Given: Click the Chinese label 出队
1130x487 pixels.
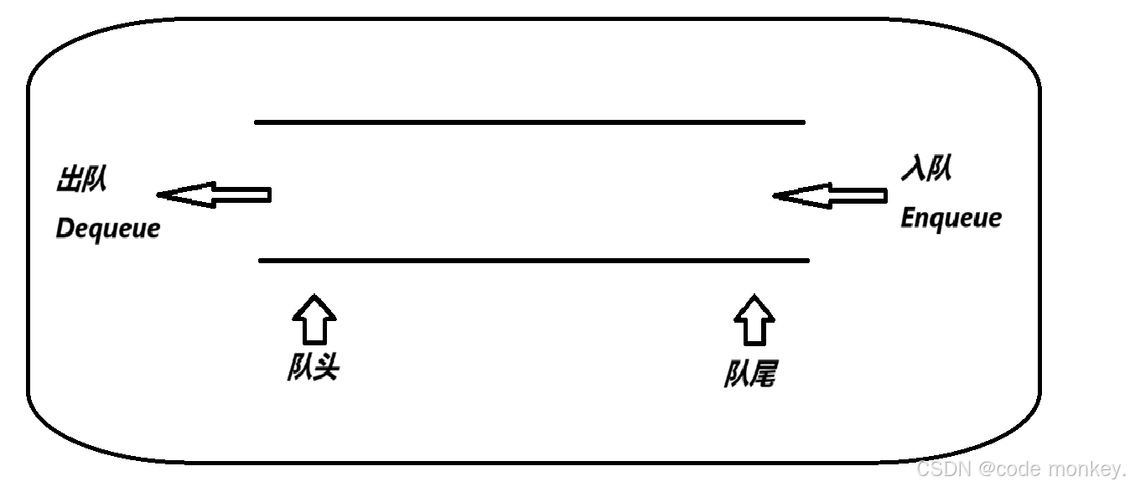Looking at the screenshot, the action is [x=81, y=180].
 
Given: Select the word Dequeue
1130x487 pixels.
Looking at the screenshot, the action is [x=107, y=228].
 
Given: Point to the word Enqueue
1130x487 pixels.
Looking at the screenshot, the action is [x=951, y=218].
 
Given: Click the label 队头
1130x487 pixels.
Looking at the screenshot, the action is [x=313, y=368].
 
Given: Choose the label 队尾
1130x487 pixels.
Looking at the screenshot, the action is [x=749, y=374].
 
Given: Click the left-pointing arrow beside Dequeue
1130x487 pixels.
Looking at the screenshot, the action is [x=214, y=195].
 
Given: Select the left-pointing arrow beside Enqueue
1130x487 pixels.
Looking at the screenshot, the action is [x=829, y=196].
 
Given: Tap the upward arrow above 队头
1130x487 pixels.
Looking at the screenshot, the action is [x=314, y=319].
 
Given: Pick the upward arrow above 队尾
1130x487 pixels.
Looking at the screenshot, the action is [x=754, y=319].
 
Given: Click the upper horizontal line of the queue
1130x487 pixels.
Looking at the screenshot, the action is [x=529, y=122].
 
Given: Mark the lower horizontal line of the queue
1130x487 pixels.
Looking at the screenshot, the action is [x=534, y=261].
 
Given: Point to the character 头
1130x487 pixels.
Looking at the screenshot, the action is [x=325, y=368].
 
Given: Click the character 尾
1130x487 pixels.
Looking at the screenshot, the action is [x=762, y=374].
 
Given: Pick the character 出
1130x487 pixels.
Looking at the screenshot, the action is [x=69, y=180].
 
